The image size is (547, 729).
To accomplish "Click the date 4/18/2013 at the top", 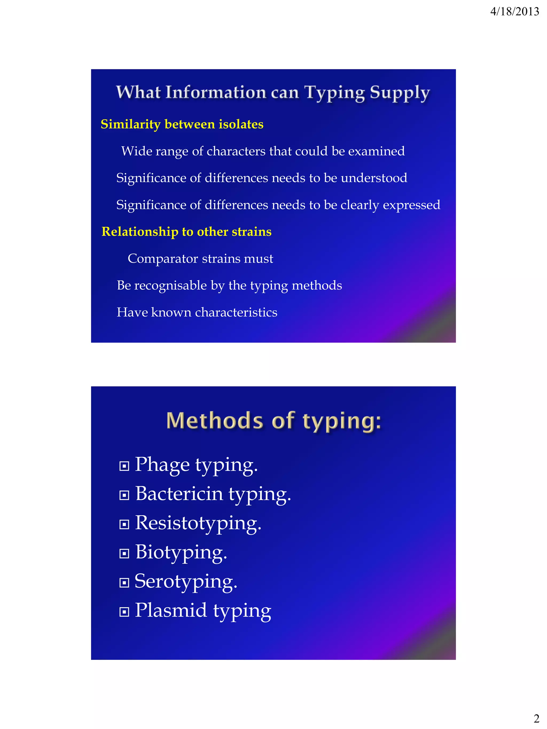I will click(514, 12).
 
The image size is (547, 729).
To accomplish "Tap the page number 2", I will click(536, 718).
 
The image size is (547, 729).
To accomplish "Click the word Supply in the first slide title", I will click(400, 93).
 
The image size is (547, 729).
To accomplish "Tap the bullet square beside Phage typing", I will click(124, 466).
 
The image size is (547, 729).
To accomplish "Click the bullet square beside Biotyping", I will click(124, 553).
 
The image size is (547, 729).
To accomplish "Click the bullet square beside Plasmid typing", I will click(124, 612).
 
